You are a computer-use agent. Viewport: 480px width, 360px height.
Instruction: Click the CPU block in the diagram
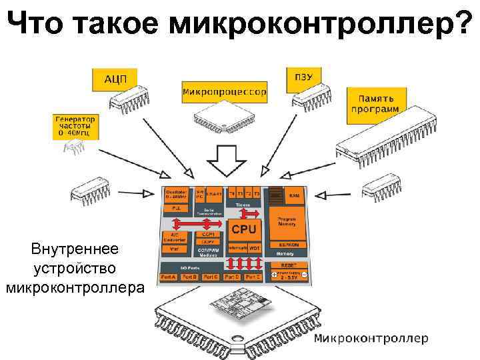[x=243, y=229]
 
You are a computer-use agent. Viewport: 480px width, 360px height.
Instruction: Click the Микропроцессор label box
[x=224, y=91]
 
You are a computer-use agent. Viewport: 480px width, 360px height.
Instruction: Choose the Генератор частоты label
[x=75, y=126]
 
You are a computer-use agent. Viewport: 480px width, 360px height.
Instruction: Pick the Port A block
[x=169, y=276]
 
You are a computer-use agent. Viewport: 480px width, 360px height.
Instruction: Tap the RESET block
[x=289, y=265]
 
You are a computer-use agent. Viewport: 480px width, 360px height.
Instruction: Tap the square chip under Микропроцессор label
[x=222, y=118]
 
